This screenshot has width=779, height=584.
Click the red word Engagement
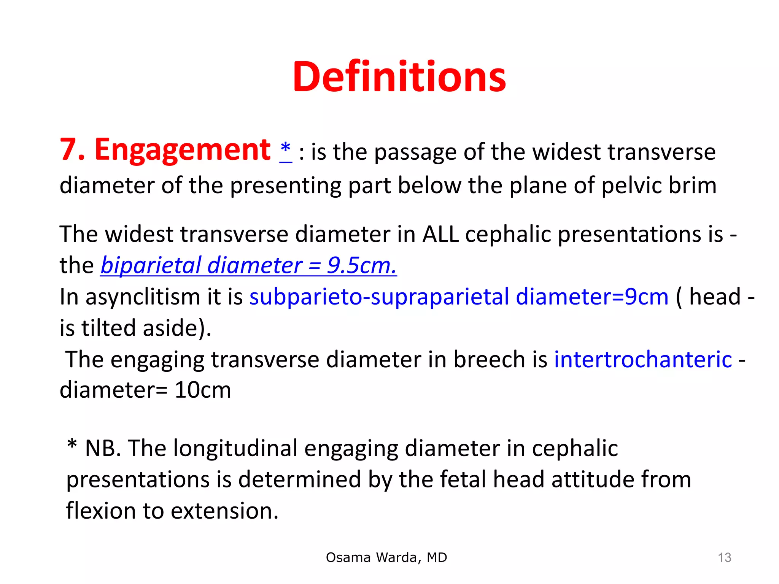point(182,150)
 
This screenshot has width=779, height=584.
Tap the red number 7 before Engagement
point(68,150)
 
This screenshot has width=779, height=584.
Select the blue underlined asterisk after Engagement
point(285,149)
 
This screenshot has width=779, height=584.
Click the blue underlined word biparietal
point(150,265)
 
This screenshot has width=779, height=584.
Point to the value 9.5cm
point(361,265)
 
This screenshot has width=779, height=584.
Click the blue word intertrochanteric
point(643,359)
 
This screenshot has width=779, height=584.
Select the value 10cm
point(202,390)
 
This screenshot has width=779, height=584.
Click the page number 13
point(724,557)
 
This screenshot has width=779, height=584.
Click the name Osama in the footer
point(348,557)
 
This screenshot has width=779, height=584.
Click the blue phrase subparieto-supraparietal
point(379,297)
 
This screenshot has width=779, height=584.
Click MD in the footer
point(437,557)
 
